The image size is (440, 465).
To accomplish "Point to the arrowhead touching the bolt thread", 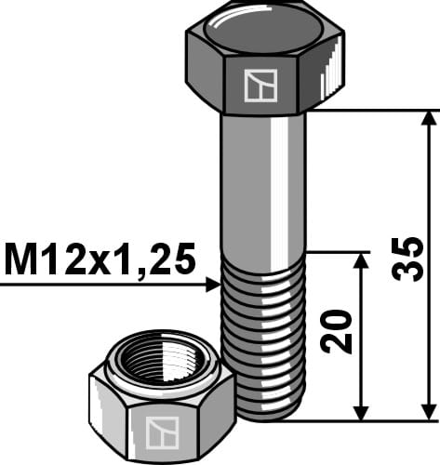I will coord(211,286).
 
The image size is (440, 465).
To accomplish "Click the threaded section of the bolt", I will coord(264,335).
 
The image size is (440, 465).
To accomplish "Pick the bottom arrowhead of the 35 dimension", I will coord(429,412).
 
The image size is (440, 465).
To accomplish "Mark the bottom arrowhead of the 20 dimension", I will coord(361,412).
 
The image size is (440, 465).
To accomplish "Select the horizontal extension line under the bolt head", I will coord(372,111).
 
